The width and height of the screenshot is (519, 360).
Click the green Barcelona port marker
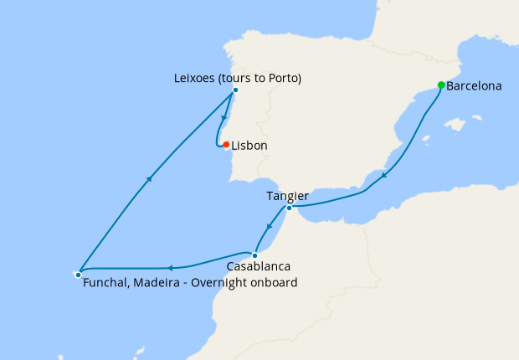click(441, 85)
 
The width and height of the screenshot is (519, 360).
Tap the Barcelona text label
click(475, 86)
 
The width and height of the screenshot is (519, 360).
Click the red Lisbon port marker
click(226, 144)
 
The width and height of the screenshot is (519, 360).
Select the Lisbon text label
click(249, 146)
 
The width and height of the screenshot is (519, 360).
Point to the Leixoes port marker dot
click(235, 90)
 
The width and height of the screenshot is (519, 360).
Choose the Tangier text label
click(287, 196)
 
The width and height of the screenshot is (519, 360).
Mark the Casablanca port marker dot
click(254, 255)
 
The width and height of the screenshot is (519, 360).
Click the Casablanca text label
click(259, 267)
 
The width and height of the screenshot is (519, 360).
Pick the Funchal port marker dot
click(78, 274)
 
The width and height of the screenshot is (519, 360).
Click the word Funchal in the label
click(106, 283)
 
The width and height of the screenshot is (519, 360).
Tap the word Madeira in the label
click(159, 283)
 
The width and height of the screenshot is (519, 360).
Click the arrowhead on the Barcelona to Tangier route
click(383, 176)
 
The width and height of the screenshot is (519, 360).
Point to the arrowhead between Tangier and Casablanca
click(269, 226)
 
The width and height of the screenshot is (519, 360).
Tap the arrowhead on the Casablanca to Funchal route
click(170, 268)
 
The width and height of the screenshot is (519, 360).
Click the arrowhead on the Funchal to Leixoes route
click(149, 177)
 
